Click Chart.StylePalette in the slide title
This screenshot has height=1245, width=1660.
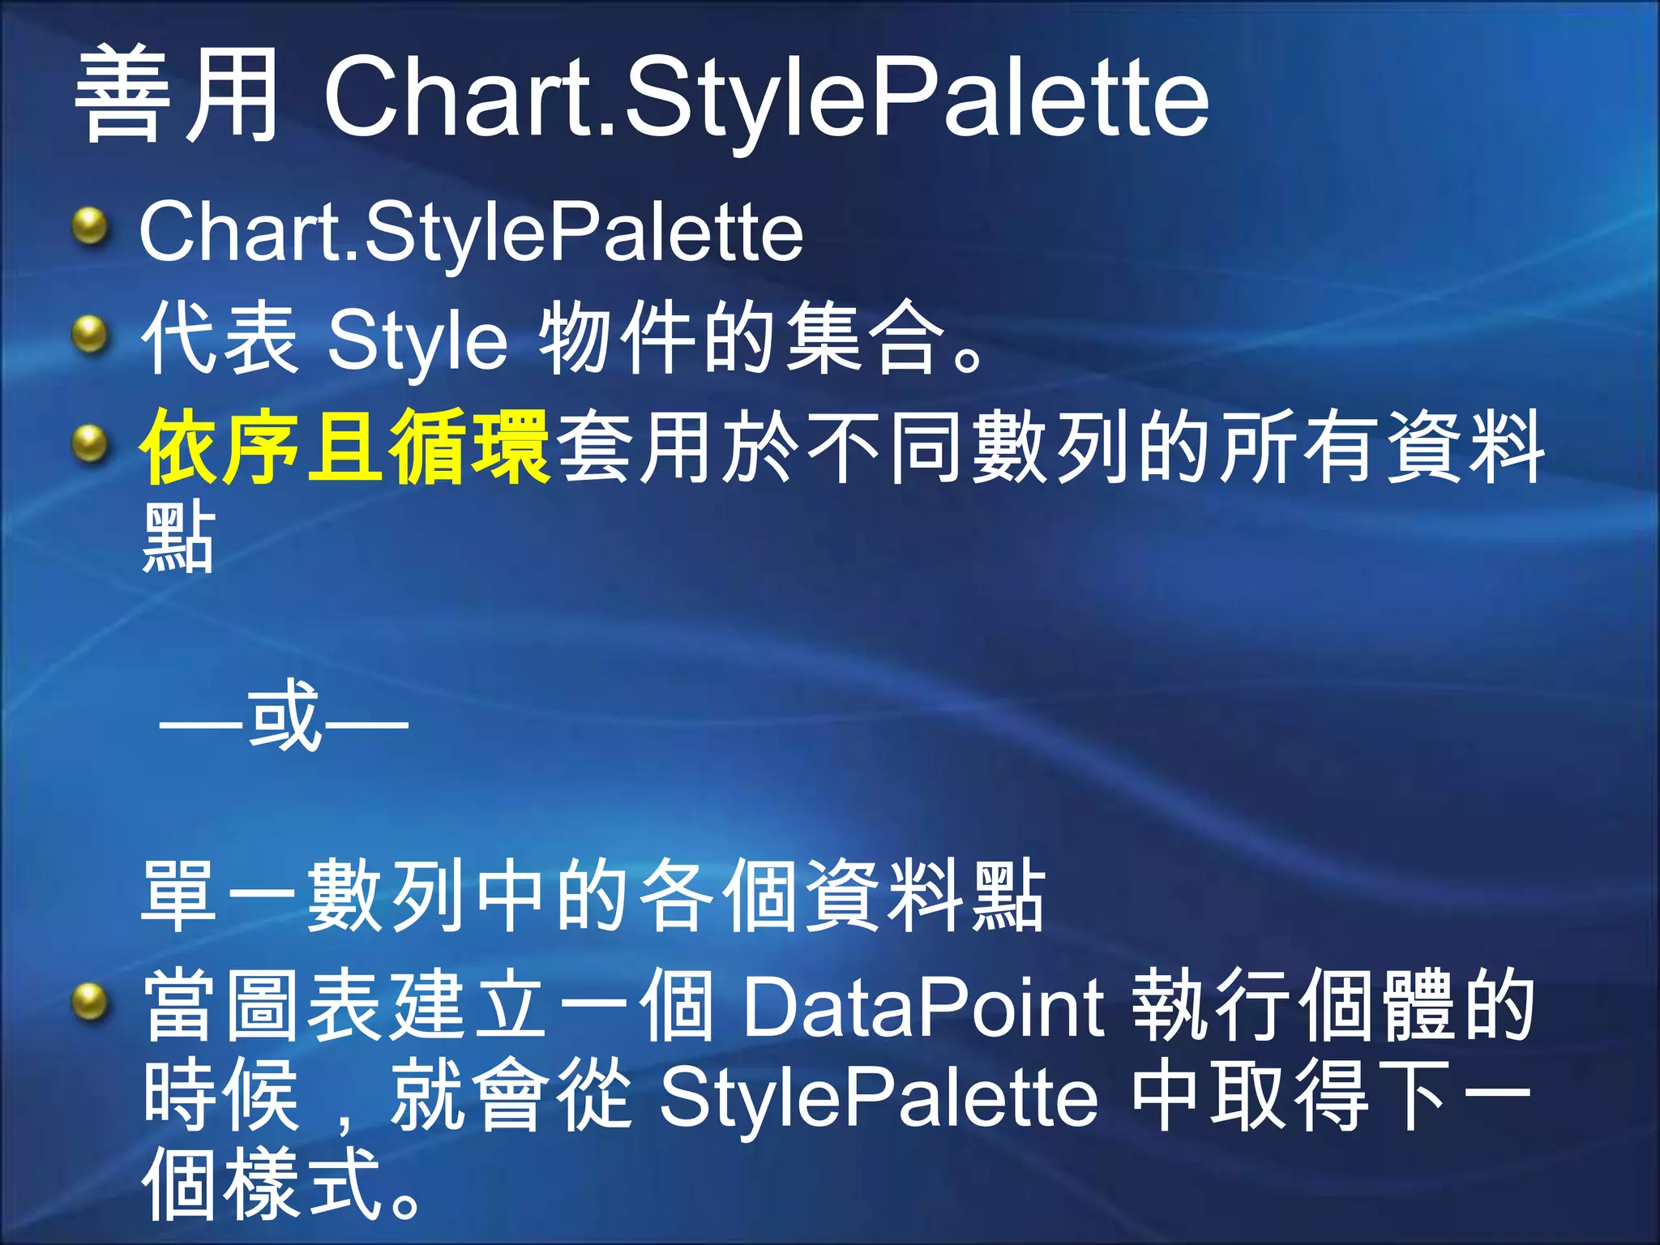point(765,99)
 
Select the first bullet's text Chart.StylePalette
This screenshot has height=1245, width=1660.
point(471,233)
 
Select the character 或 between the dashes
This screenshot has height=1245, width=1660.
point(284,717)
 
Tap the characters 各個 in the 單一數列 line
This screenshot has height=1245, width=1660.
point(718,896)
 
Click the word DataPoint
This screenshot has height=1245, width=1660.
point(924,1008)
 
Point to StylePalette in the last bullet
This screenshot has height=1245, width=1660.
point(879,1098)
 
